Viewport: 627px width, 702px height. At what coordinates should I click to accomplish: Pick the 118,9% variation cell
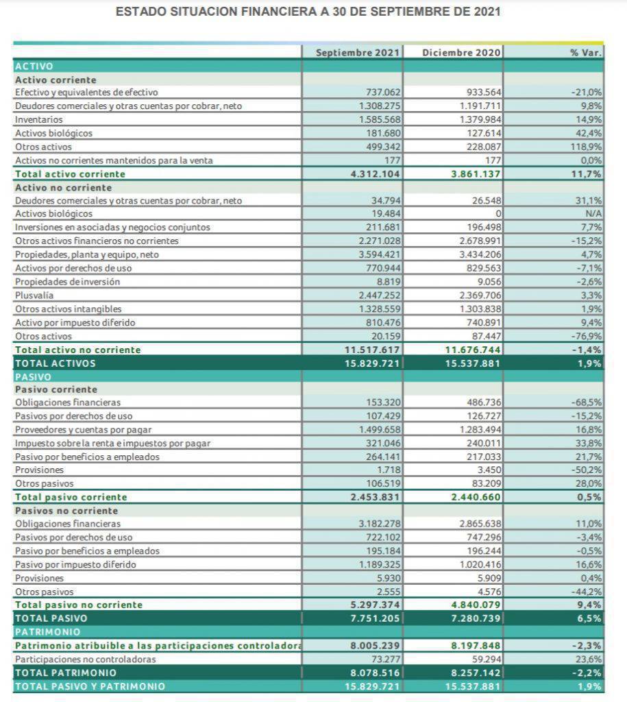pyautogui.click(x=588, y=147)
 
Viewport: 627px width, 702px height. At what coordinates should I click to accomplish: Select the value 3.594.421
pyautogui.click(x=379, y=254)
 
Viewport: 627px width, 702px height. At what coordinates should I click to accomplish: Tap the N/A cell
pyautogui.click(x=593, y=214)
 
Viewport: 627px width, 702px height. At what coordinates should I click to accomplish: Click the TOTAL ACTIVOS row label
pyautogui.click(x=56, y=363)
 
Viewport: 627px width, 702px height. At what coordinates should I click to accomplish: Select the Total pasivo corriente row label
pyautogui.click(x=71, y=497)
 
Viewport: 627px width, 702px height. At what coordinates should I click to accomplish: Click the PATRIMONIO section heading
pyautogui.click(x=47, y=631)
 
